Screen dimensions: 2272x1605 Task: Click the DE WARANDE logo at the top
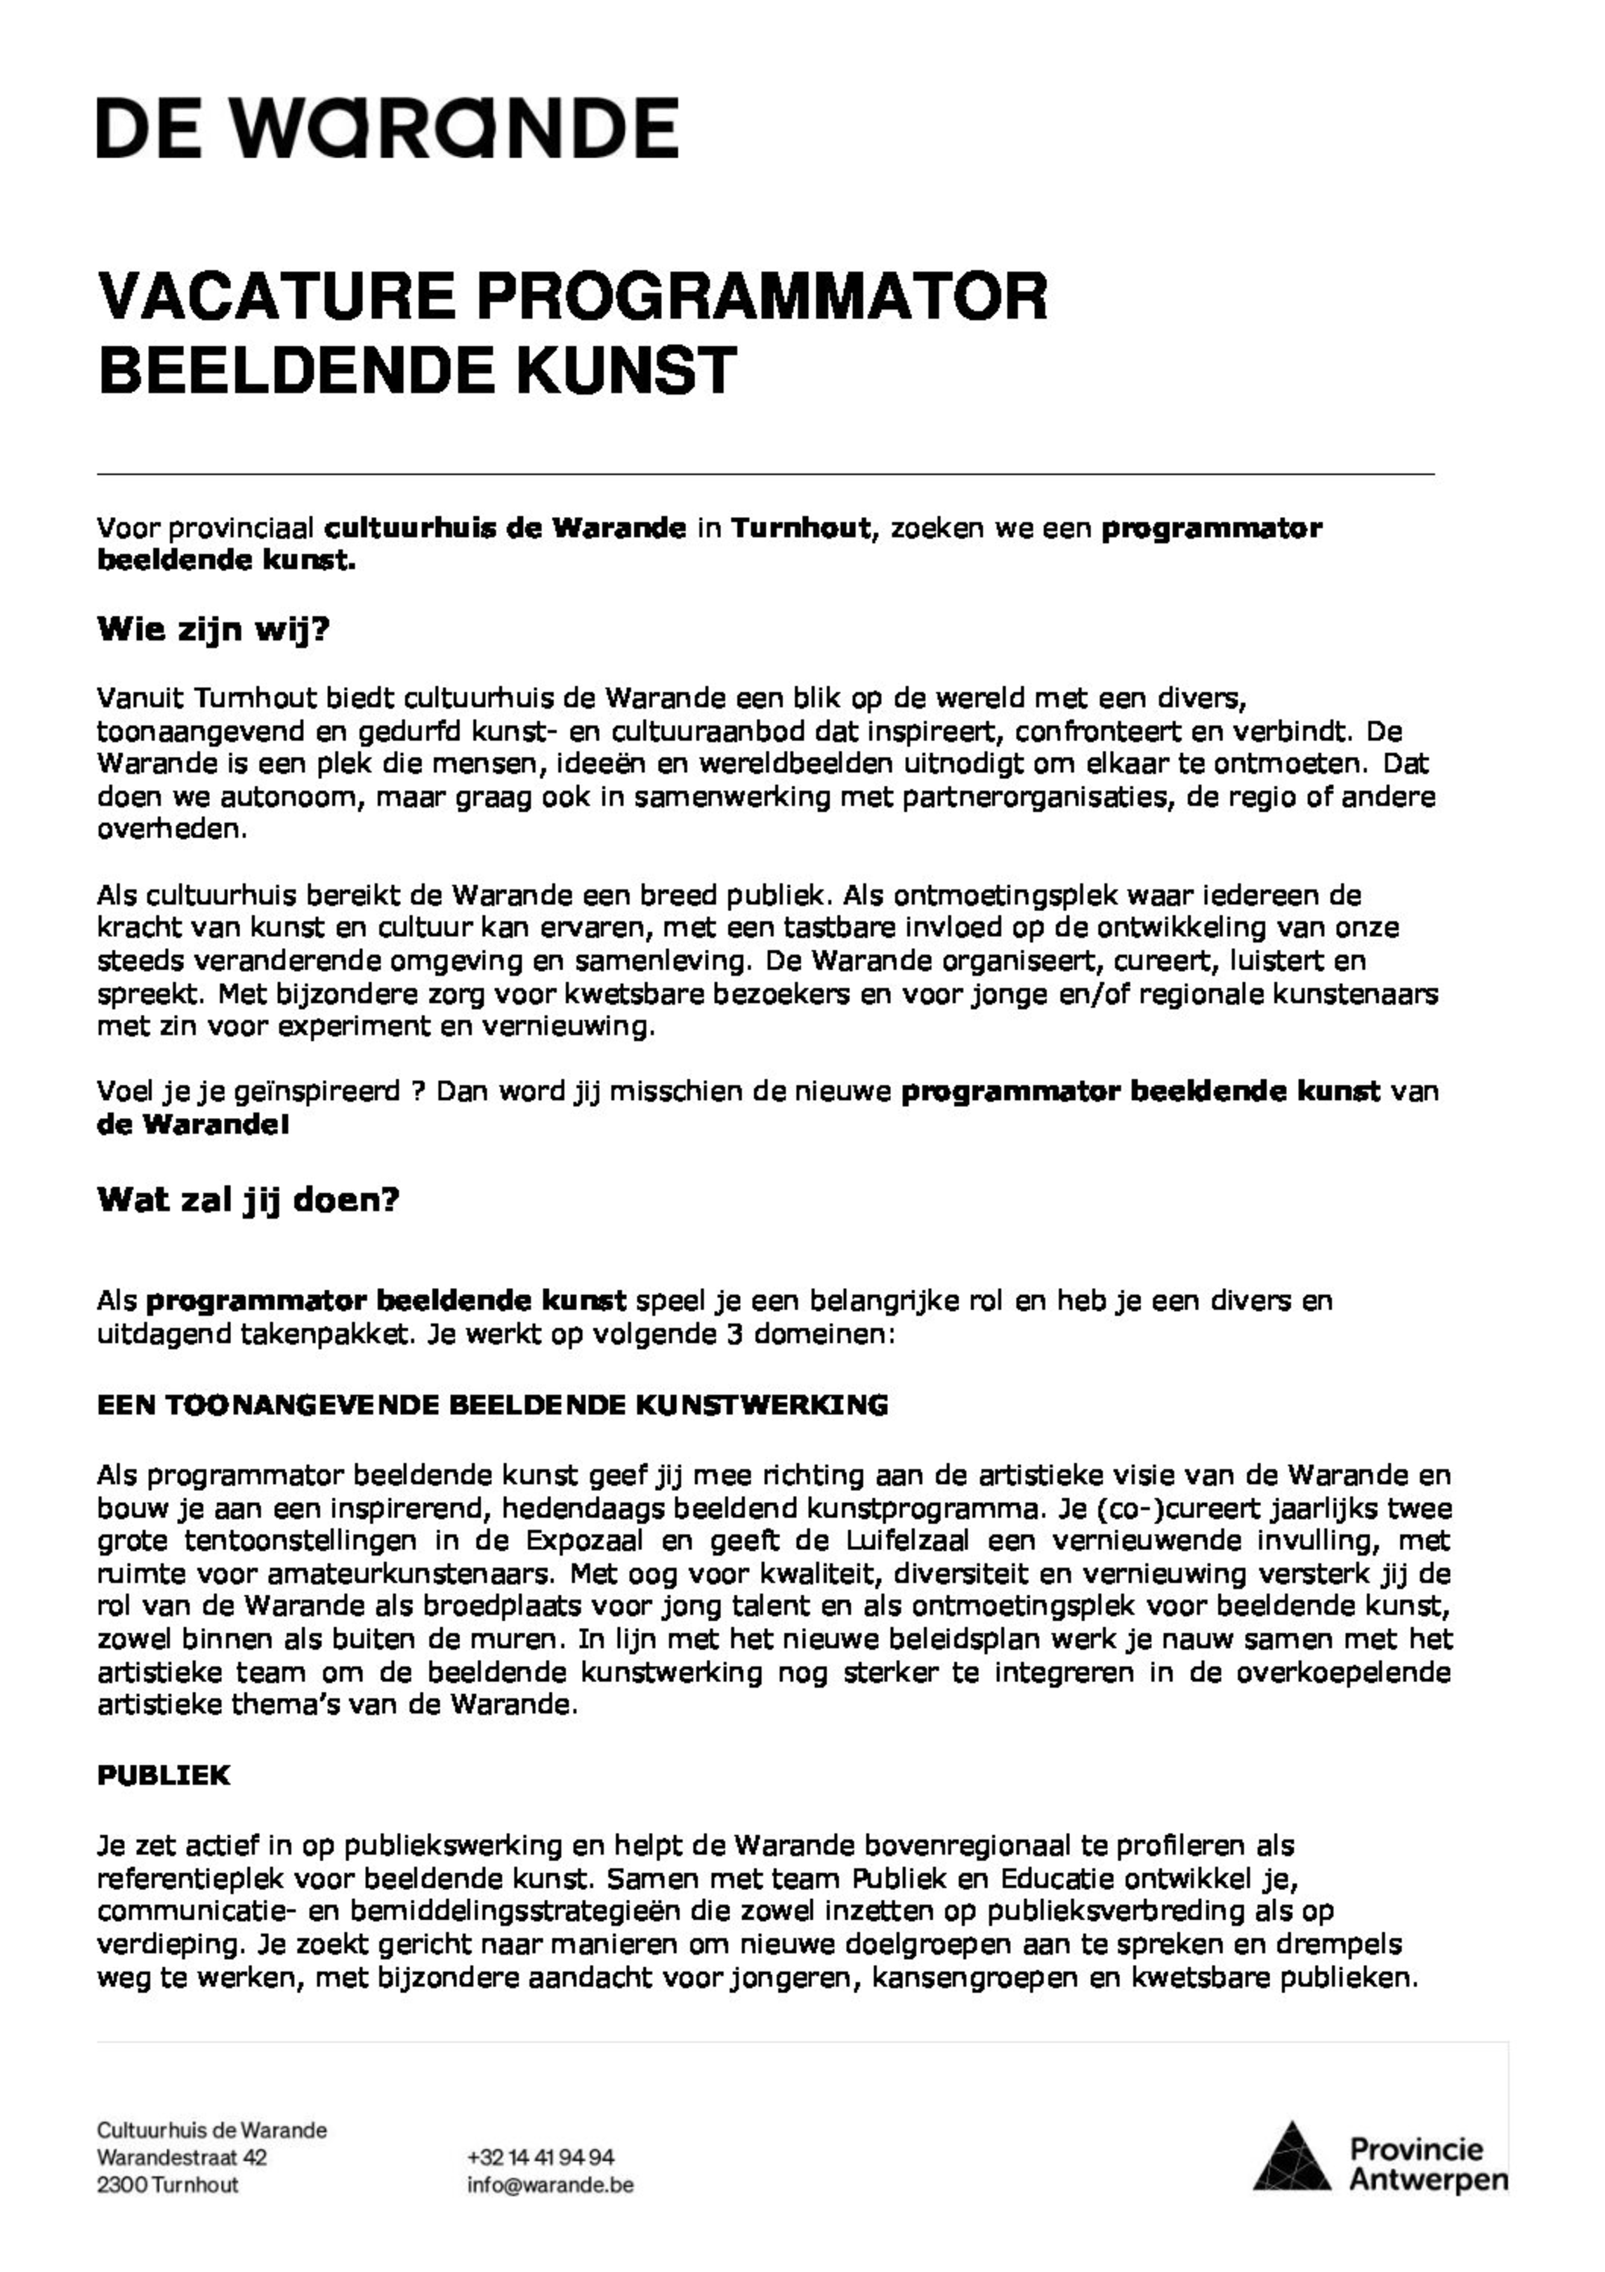pos(387,128)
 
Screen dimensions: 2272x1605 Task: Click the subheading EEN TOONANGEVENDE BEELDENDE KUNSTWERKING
pos(491,1405)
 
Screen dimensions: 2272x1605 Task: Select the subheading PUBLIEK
pos(164,1775)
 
